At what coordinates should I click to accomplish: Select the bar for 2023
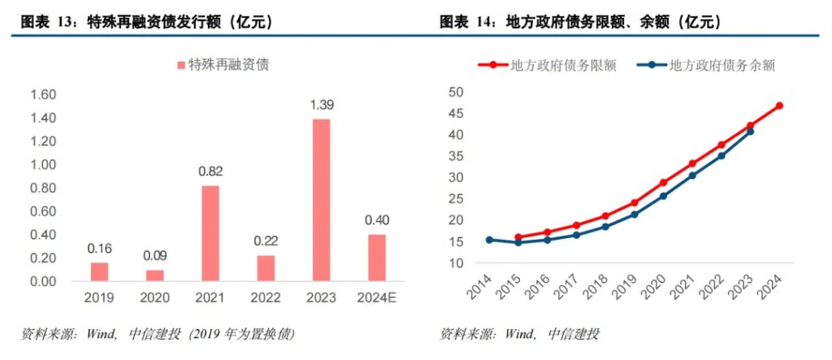click(x=321, y=200)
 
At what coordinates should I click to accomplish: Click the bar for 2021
click(x=210, y=233)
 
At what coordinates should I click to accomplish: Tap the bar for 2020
click(x=154, y=275)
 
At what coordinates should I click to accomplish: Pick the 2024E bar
click(x=376, y=258)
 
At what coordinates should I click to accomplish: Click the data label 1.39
click(x=321, y=105)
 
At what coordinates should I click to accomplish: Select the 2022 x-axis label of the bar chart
click(x=266, y=297)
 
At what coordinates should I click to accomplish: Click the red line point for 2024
click(x=779, y=106)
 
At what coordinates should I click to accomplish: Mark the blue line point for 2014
click(x=489, y=240)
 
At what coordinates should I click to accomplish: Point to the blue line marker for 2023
click(x=750, y=131)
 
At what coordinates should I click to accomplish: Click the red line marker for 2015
click(x=518, y=237)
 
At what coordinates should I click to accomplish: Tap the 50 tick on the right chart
click(x=456, y=92)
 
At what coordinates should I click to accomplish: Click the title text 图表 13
click(x=45, y=23)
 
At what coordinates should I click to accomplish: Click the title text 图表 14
click(x=466, y=23)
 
